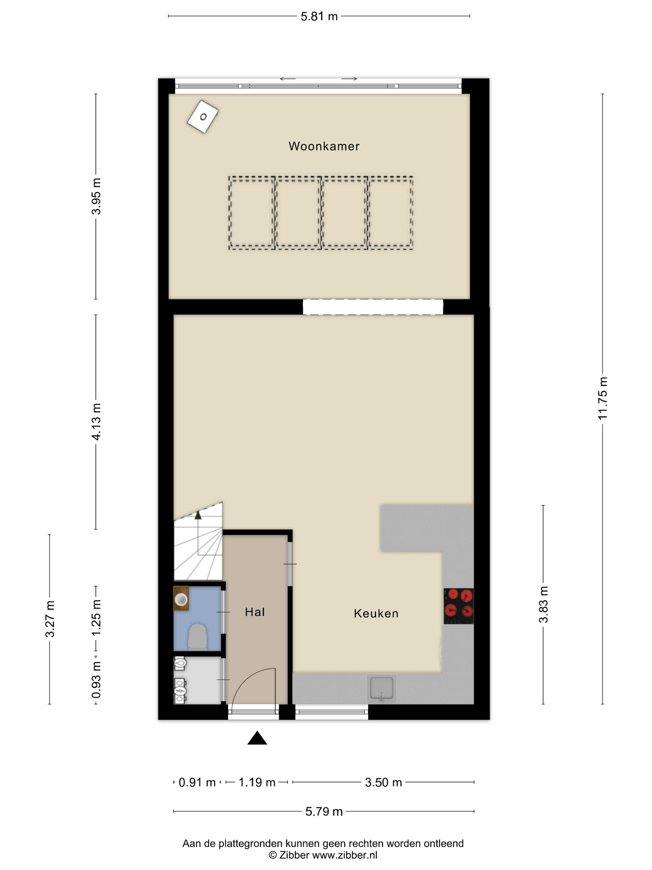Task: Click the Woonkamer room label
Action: click(324, 146)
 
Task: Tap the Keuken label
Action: click(376, 614)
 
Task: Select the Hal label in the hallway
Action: click(255, 612)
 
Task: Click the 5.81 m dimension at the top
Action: click(319, 16)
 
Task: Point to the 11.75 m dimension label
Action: click(603, 398)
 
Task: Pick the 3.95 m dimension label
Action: click(96, 196)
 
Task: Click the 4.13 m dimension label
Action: click(96, 422)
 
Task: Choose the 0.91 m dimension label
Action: click(197, 783)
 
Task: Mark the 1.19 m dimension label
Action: click(257, 782)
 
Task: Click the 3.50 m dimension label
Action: click(383, 783)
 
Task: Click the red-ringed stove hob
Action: click(459, 606)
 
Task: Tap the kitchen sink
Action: click(381, 689)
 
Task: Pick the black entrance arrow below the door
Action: click(257, 738)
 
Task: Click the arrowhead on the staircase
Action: click(198, 515)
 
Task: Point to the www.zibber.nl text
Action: click(345, 855)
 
